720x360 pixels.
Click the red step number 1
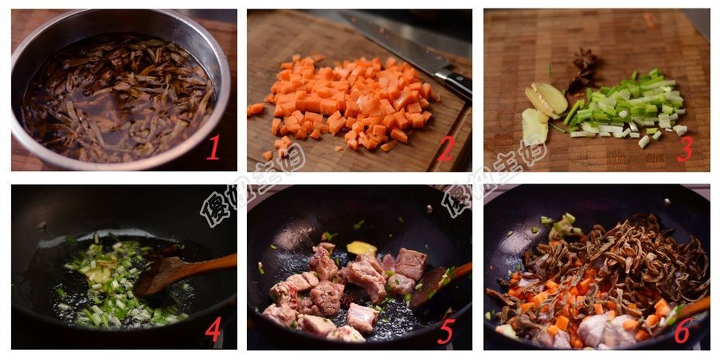(213, 147)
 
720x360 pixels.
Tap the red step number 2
(446, 147)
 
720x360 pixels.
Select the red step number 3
(684, 148)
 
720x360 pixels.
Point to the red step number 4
(213, 329)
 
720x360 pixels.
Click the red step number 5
(446, 330)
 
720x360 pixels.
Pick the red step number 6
(683, 329)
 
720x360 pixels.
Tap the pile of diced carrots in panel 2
(348, 101)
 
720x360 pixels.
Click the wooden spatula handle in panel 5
(461, 270)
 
